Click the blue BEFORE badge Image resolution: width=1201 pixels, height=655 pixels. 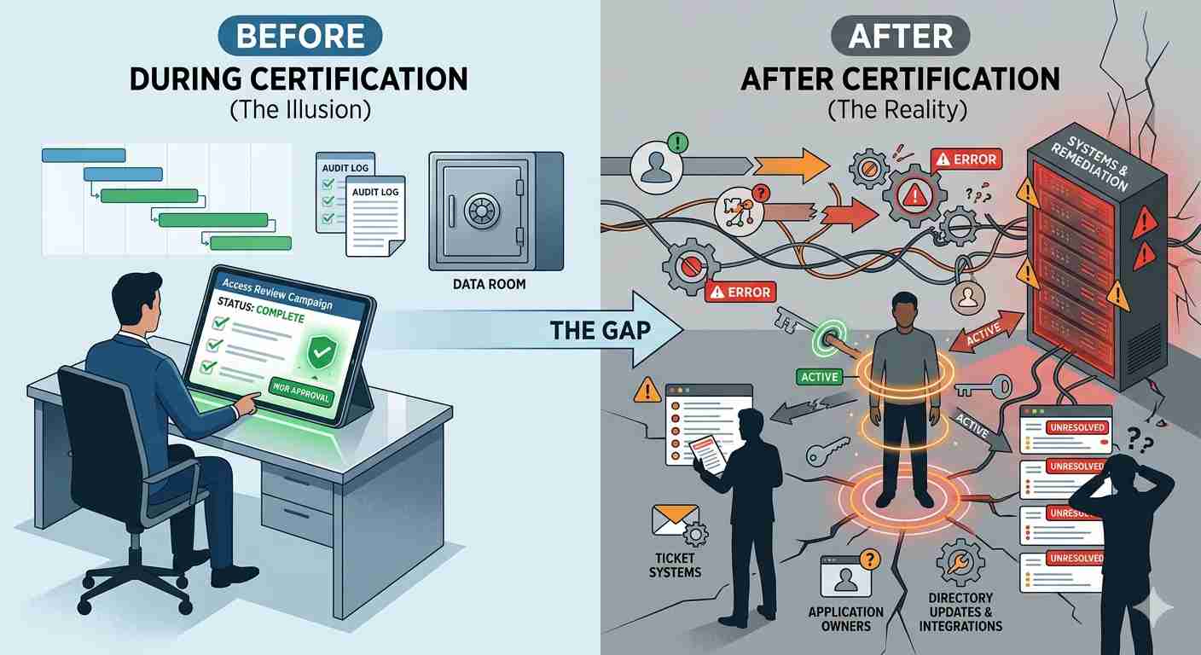click(299, 36)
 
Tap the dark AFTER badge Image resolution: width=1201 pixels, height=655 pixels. click(900, 36)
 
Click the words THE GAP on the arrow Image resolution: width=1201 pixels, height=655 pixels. click(600, 330)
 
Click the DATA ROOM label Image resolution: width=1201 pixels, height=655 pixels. click(489, 284)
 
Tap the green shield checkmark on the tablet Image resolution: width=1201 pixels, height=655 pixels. click(322, 352)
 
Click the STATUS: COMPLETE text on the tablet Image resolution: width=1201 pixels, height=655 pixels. click(261, 310)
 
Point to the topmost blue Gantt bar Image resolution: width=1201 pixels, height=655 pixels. click(84, 155)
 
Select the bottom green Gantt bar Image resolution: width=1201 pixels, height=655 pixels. click(251, 243)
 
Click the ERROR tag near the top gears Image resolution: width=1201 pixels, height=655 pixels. click(966, 159)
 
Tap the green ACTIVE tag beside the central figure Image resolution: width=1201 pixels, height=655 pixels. click(819, 377)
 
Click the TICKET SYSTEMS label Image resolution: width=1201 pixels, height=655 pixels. click(675, 565)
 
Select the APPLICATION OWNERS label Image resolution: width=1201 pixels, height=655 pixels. click(846, 619)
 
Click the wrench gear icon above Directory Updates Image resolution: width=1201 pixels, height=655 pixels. click(960, 564)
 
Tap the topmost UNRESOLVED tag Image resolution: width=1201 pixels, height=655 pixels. click(1077, 428)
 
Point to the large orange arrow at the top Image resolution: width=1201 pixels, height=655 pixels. click(792, 165)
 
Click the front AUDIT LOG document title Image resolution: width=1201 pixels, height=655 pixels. click(375, 192)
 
